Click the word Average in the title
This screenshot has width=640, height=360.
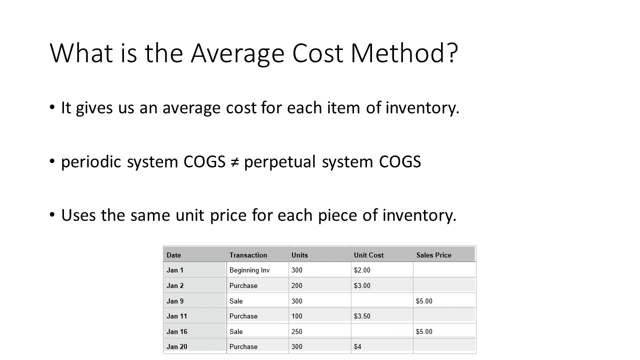point(237,53)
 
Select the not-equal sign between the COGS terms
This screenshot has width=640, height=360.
point(234,162)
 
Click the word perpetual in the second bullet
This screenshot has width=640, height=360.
point(279,162)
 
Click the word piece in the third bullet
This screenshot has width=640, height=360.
point(337,215)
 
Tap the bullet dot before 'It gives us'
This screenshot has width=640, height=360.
point(52,107)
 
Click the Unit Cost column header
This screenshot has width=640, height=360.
point(368,255)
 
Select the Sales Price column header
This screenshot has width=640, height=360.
point(433,255)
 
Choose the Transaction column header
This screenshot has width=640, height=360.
point(248,255)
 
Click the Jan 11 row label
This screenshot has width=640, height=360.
point(177,316)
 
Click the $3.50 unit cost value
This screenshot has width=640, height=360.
point(362,316)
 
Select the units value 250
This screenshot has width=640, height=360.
point(297,331)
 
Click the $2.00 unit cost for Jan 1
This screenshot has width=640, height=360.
point(362,270)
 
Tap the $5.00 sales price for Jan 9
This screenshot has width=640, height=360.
point(424,301)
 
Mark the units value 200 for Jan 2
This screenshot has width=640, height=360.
point(297,285)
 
